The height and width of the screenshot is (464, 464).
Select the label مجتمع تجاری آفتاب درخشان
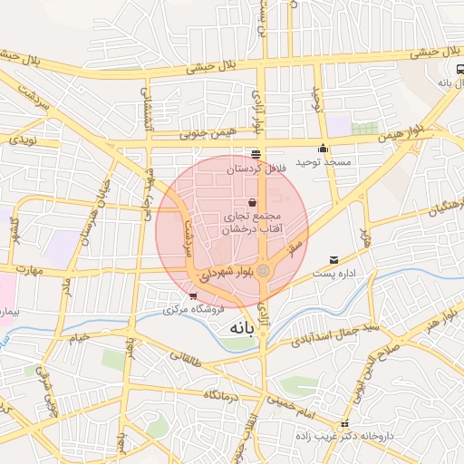click(x=255, y=223)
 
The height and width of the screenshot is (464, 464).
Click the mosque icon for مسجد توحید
click(x=323, y=149)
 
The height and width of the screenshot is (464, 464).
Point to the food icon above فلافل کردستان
click(x=256, y=154)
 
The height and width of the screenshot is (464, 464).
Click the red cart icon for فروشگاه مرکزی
click(x=193, y=296)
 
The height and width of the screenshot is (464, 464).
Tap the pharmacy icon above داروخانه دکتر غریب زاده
click(x=343, y=424)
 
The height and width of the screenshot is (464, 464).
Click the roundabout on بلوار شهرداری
click(x=263, y=270)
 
